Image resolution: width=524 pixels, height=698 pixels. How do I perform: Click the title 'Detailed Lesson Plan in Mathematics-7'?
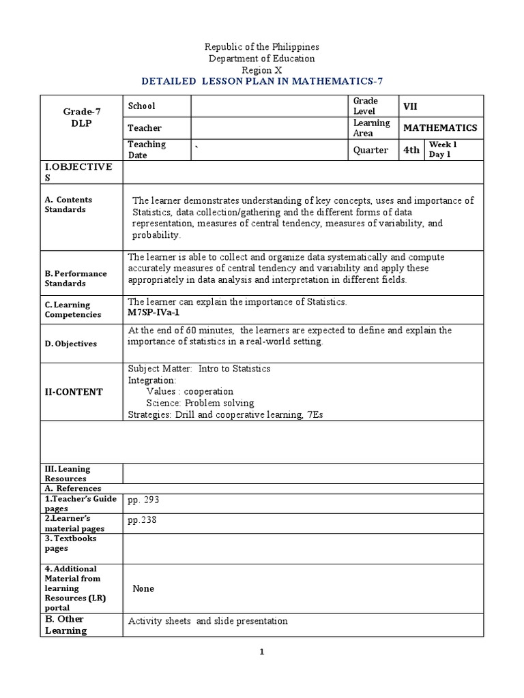point(262,80)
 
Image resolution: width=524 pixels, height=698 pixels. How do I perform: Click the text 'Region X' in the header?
point(262,70)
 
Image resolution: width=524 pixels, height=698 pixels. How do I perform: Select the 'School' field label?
point(141,106)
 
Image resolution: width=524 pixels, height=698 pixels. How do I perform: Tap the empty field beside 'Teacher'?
point(269,127)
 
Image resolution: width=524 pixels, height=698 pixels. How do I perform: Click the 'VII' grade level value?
point(411,106)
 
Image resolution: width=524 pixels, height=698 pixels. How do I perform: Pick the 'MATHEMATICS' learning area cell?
point(440,127)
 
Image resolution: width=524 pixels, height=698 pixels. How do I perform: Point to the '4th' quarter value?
point(411,150)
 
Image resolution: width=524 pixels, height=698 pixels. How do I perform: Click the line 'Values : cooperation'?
point(189,391)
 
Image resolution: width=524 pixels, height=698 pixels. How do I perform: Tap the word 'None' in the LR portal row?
point(143,588)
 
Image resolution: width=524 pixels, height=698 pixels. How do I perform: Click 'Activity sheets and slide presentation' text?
point(208,621)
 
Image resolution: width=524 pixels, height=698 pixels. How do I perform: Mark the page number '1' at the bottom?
point(261,652)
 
